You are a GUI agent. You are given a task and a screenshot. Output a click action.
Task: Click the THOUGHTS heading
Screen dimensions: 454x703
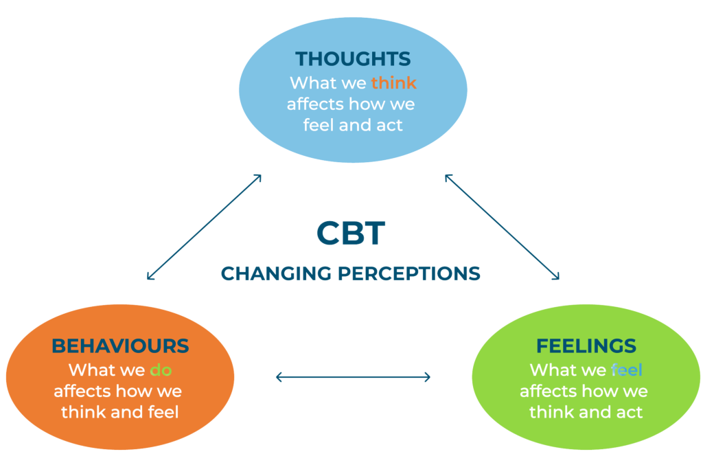[352, 58]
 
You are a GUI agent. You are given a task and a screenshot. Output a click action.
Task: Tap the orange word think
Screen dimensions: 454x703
[393, 83]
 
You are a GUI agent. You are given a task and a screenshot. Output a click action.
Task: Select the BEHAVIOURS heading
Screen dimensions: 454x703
[120, 345]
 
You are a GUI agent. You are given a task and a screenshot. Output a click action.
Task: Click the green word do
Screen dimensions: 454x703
[161, 370]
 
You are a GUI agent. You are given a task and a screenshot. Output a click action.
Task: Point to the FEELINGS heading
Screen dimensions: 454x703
[586, 345]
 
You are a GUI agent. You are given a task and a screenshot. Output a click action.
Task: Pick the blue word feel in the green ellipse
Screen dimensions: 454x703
[626, 370]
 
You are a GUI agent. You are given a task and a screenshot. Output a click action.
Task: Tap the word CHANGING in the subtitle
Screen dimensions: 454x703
[277, 273]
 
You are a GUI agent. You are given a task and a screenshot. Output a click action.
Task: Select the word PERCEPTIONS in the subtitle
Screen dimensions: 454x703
[409, 273]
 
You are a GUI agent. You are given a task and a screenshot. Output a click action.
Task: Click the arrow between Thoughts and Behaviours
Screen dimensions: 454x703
[205, 227]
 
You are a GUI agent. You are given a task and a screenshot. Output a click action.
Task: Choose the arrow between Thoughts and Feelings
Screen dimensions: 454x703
[502, 227]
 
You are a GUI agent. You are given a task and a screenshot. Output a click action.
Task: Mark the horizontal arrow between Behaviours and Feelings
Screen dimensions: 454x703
[353, 376]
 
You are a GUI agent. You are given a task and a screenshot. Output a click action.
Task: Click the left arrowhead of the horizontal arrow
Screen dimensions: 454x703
[278, 376]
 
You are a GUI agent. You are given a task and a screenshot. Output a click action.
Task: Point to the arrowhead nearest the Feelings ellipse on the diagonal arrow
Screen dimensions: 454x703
[557, 277]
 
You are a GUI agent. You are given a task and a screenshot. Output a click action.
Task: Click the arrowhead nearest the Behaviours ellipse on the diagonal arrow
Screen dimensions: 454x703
[150, 277]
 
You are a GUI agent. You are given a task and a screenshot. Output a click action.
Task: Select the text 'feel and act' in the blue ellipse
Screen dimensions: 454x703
[352, 126]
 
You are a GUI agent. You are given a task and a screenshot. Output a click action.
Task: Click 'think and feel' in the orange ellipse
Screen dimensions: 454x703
[119, 412]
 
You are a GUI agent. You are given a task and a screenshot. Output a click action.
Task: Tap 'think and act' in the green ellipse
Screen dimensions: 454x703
[586, 412]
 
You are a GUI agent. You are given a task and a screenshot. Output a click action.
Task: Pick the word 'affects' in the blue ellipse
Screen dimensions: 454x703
[315, 104]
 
